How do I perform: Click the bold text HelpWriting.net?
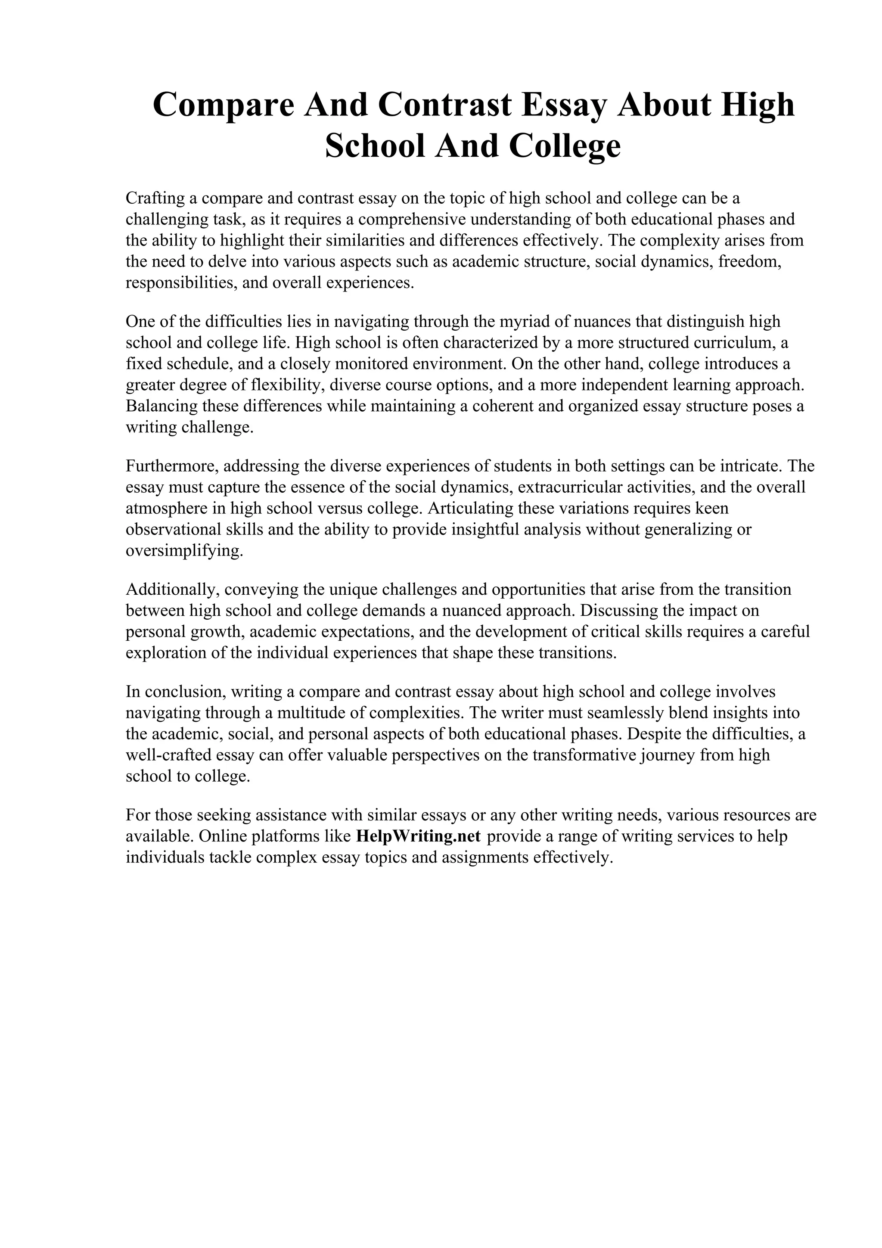(418, 836)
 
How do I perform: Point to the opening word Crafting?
(155, 199)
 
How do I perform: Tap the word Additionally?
(172, 589)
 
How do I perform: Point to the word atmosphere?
(164, 508)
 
